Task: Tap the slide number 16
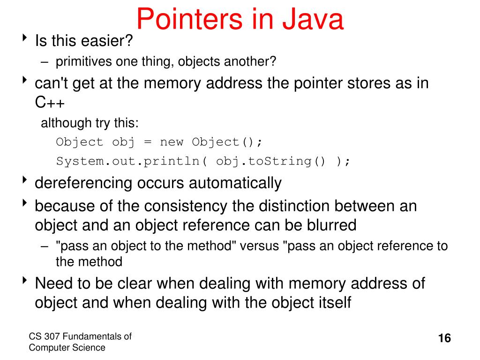click(x=444, y=338)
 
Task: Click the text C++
click(x=49, y=103)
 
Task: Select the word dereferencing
click(x=84, y=183)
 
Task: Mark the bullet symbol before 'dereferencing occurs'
click(x=25, y=181)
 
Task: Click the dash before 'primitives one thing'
click(x=44, y=62)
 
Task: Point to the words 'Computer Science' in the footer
click(x=67, y=347)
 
